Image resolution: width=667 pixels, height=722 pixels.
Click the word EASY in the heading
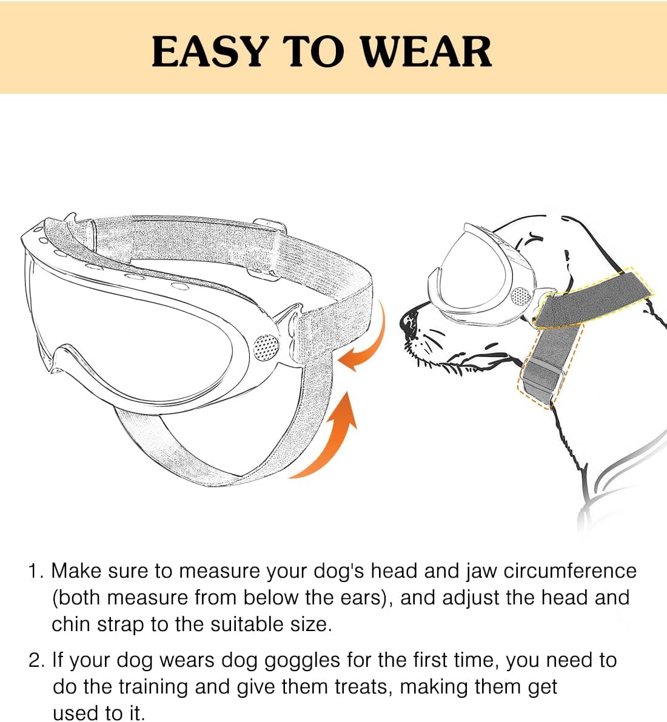[210, 51]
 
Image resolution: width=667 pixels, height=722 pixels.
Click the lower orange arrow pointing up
[332, 438]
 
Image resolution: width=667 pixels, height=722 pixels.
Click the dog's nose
[409, 323]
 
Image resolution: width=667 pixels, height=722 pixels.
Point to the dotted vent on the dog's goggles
[522, 297]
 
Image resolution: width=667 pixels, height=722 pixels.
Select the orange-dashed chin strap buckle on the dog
[541, 378]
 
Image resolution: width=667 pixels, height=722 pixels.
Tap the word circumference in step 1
[570, 572]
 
